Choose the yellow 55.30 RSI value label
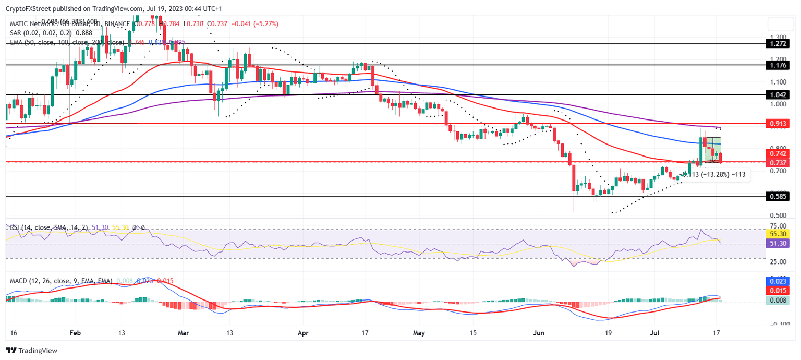tap(777, 234)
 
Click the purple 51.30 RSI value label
tap(777, 244)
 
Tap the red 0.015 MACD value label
tap(777, 290)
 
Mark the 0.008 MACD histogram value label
tap(777, 300)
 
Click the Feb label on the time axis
tap(75, 332)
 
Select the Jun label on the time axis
tap(539, 332)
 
